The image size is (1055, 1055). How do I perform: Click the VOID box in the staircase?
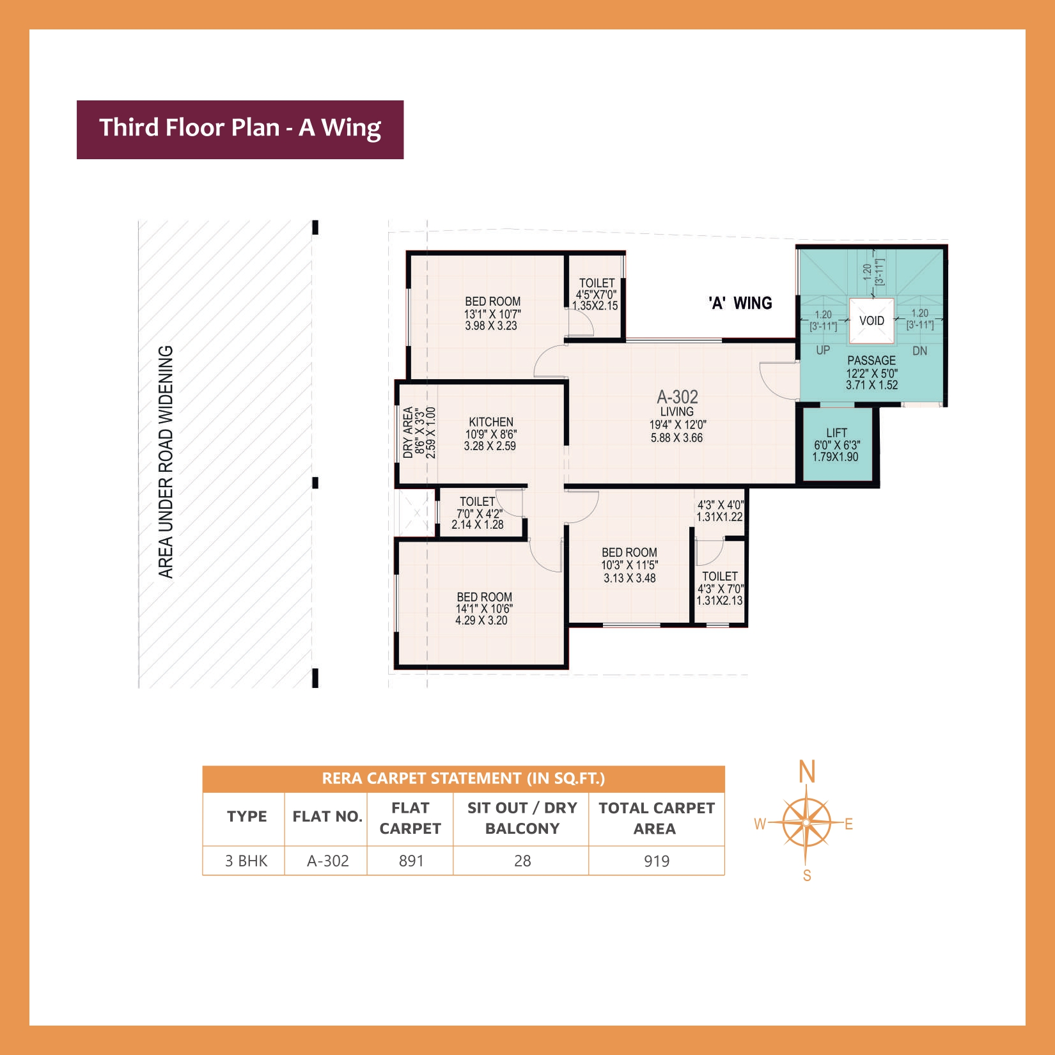[871, 320]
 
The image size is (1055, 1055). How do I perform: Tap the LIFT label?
[836, 433]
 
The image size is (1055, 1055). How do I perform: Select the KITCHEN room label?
[490, 422]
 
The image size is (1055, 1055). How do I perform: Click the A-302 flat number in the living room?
[677, 397]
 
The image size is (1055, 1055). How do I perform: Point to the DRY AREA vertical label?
[408, 433]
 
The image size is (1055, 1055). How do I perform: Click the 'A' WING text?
[740, 303]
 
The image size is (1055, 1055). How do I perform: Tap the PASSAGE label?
[871, 361]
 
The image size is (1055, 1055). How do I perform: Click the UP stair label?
[823, 350]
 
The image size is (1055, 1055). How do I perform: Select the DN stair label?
[919, 351]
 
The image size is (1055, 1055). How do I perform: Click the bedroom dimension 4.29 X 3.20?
[481, 620]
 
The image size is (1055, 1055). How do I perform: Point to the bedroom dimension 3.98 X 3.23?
[491, 325]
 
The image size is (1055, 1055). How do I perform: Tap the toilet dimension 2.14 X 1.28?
[478, 524]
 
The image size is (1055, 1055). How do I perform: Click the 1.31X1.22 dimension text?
[719, 517]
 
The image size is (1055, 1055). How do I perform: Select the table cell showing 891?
[411, 861]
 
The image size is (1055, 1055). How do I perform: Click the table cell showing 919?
[657, 861]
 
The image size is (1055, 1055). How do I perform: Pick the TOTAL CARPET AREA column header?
[656, 818]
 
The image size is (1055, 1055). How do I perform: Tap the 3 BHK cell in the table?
[246, 861]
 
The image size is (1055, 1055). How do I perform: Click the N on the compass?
[807, 772]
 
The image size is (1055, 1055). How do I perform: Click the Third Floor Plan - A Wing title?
[240, 128]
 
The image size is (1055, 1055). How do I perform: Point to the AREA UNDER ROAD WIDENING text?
[166, 462]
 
